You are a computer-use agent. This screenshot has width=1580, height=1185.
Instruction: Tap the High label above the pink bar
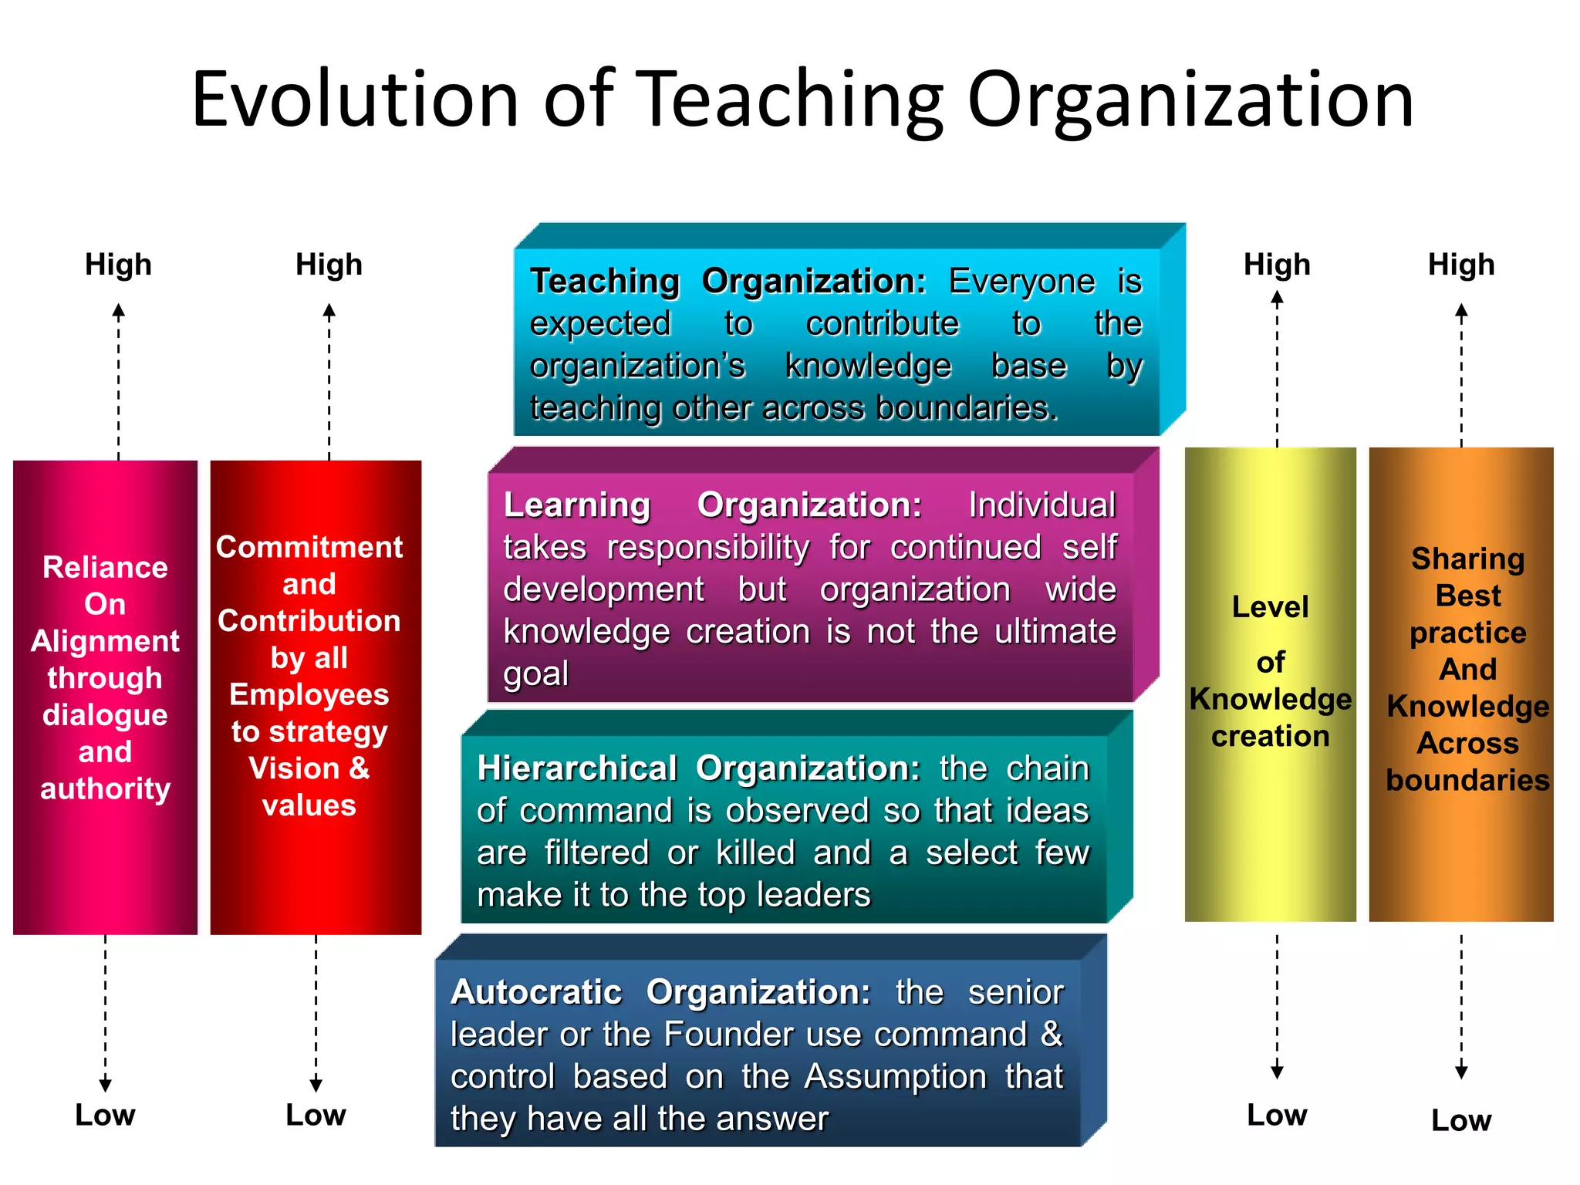(x=118, y=265)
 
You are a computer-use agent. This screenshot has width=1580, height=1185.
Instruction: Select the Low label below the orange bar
(x=1461, y=1120)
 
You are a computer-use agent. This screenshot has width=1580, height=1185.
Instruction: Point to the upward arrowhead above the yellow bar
(x=1277, y=299)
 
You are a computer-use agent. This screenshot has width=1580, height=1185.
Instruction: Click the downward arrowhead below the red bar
(x=316, y=1085)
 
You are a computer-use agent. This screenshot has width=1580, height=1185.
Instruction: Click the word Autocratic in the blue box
(x=536, y=992)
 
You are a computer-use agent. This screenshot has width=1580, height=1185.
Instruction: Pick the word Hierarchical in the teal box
(x=577, y=768)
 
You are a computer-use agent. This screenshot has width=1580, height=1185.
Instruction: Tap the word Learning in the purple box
(x=577, y=505)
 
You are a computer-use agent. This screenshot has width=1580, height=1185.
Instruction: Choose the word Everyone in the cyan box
(x=1021, y=282)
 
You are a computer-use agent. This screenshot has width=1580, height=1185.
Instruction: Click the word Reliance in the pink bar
(x=105, y=567)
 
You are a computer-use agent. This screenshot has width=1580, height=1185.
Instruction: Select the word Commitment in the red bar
(x=309, y=547)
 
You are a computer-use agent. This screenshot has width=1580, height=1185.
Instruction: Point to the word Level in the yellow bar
(x=1270, y=606)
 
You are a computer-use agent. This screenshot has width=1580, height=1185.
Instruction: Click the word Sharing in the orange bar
(x=1467, y=559)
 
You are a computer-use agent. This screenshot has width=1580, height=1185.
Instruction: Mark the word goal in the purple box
(x=536, y=674)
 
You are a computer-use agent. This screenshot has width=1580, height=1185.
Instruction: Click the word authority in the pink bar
(x=105, y=788)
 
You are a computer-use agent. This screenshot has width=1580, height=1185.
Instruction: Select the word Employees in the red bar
(x=309, y=694)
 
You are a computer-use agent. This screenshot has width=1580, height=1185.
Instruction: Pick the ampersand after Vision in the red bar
(x=360, y=768)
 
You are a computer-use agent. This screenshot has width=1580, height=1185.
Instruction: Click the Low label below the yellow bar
(x=1277, y=1115)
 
